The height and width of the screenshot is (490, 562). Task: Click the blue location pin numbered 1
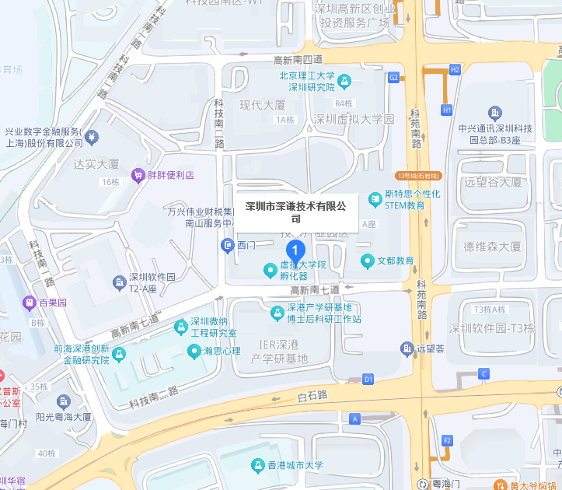coord(295,250)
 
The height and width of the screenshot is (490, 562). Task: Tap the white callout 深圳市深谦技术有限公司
coord(295,212)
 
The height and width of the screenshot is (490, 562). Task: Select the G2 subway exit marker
coord(393,77)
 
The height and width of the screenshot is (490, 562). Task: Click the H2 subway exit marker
coord(456,70)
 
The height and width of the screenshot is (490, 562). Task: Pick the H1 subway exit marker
coord(446,110)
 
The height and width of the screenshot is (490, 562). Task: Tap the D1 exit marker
coord(368,379)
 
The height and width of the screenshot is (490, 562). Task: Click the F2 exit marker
coord(447,441)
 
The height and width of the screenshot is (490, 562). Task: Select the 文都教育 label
coord(396,261)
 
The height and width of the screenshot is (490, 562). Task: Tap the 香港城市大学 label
coord(295,466)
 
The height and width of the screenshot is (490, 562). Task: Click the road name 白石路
coord(312,396)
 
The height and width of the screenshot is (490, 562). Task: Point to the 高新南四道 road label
coord(298,59)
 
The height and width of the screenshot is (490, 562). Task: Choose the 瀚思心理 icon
coord(194,352)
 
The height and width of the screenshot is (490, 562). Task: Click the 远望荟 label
coord(430,349)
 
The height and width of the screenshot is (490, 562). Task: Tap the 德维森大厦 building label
coord(492,247)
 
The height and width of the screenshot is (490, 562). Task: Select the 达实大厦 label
coord(96,164)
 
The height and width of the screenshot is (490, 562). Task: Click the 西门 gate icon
coord(227,246)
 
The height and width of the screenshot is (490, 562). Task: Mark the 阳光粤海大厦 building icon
coord(65,401)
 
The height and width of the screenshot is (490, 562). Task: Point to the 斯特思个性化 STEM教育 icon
coord(375,199)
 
